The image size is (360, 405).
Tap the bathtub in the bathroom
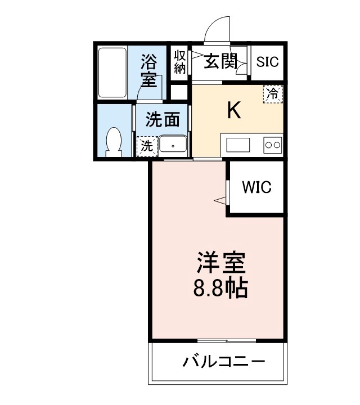[112, 73]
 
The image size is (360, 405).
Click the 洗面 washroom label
[163, 119]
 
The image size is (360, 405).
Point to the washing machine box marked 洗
[146, 146]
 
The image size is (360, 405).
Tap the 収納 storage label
[180, 62]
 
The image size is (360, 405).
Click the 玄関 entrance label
[220, 61]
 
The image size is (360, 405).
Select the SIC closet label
[267, 62]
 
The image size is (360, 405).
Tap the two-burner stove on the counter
[272, 145]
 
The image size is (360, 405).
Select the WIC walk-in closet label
[256, 187]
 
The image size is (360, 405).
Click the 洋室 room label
[220, 264]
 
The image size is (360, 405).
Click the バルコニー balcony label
[223, 361]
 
